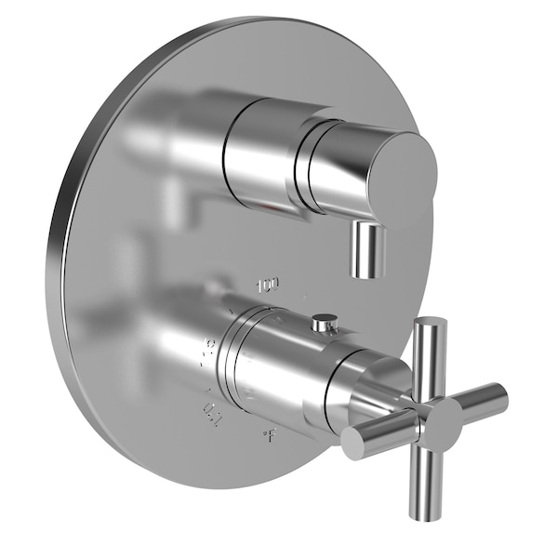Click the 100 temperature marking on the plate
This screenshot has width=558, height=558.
click(x=269, y=282)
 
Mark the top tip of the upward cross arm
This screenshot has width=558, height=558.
click(x=431, y=323)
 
